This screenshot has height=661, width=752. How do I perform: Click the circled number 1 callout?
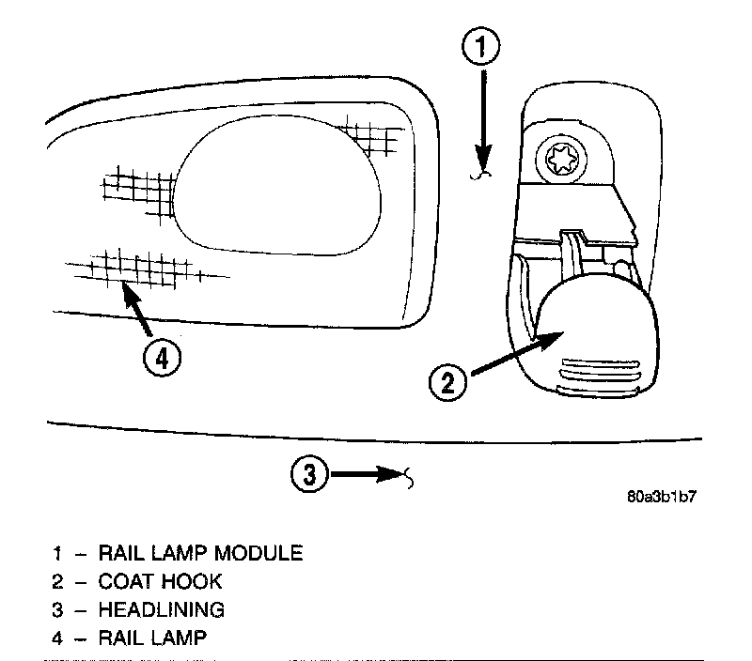click(x=482, y=47)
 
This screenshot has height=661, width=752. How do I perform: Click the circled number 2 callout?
click(x=447, y=381)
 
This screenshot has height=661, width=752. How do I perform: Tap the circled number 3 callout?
click(x=310, y=475)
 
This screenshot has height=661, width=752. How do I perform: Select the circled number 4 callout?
click(x=163, y=358)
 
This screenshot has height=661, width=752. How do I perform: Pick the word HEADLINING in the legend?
click(x=162, y=609)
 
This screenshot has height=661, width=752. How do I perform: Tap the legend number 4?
click(x=57, y=638)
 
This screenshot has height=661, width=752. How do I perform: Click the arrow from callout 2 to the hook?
click(x=512, y=354)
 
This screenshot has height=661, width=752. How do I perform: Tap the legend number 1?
click(x=57, y=552)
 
